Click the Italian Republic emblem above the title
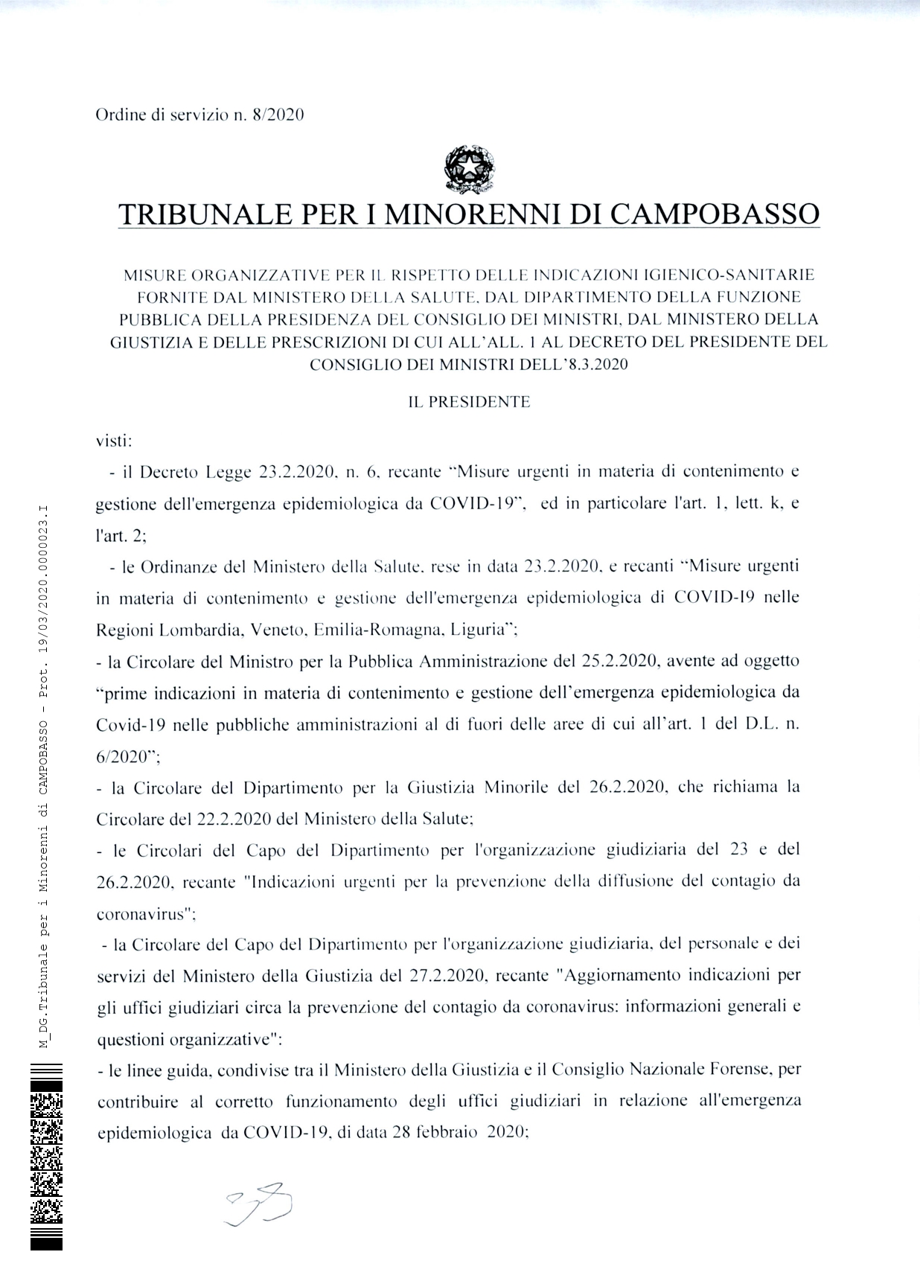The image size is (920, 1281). (469, 169)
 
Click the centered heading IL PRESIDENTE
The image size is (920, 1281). (469, 402)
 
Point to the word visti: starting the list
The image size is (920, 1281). (114, 441)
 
